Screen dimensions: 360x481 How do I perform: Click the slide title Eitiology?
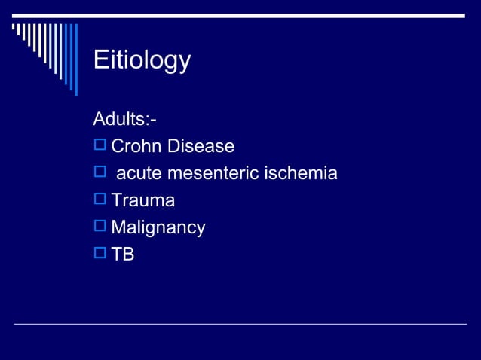click(x=142, y=61)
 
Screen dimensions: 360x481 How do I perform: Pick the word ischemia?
click(x=301, y=174)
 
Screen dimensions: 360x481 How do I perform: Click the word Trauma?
click(x=142, y=201)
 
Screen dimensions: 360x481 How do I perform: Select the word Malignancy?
click(x=158, y=228)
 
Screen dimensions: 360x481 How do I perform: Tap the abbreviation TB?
click(x=123, y=255)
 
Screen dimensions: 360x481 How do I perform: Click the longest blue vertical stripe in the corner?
click(x=75, y=59)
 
